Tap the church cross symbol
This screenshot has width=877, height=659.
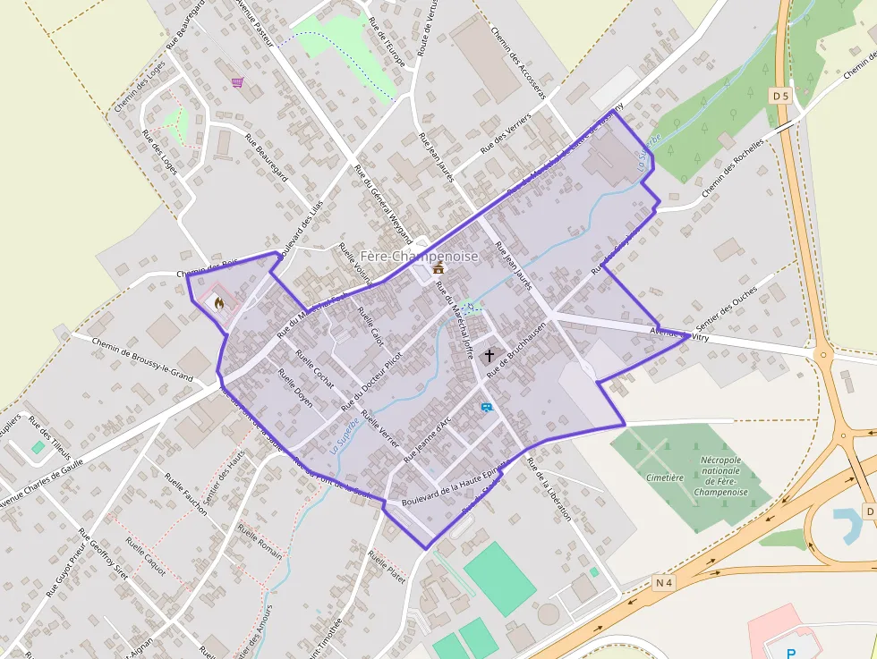(489, 356)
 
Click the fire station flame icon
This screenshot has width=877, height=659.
(217, 302)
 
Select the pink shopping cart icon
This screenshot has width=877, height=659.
(236, 82)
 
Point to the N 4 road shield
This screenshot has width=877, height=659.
(663, 583)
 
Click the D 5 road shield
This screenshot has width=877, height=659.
(780, 95)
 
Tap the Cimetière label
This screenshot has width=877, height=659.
(664, 477)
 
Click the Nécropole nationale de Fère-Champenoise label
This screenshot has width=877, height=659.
(720, 481)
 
